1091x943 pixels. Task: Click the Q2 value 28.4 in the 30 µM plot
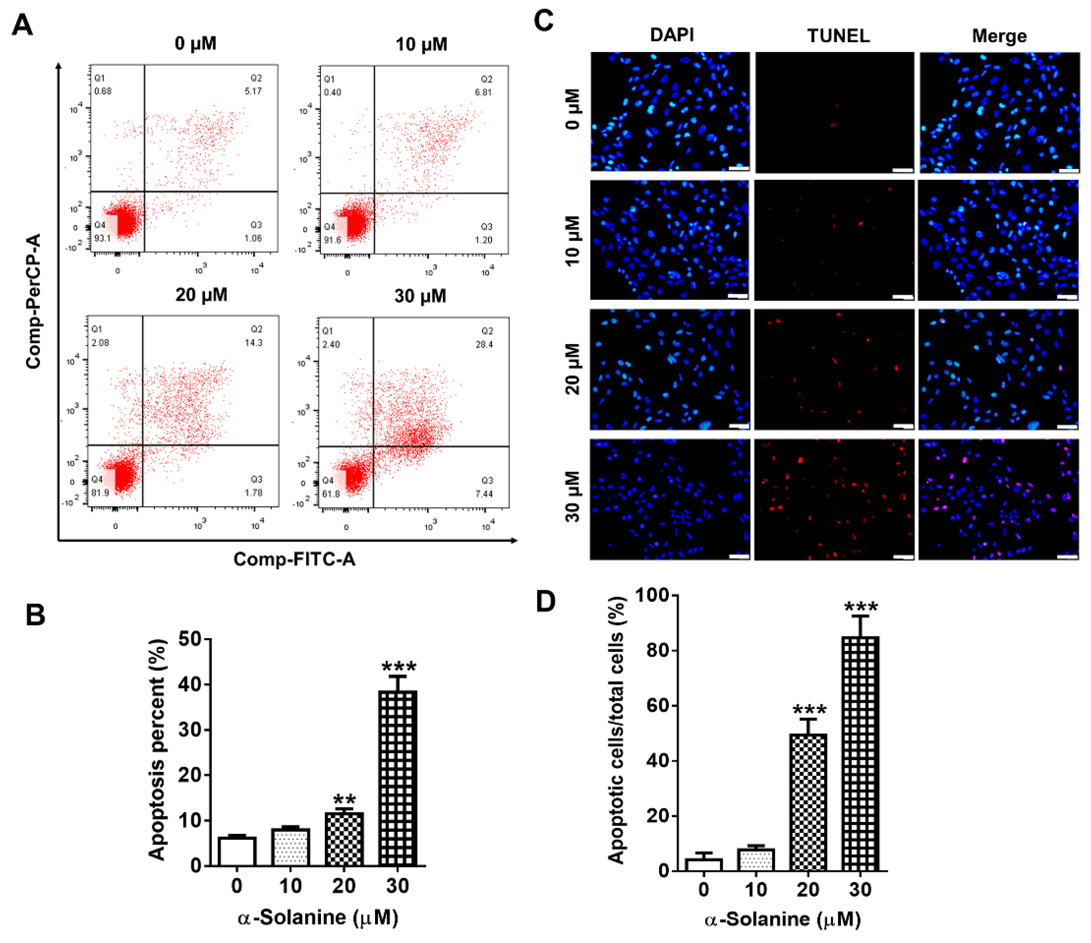pyautogui.click(x=484, y=345)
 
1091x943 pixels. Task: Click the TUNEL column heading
pyautogui.click(x=838, y=36)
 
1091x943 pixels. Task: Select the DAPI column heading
pyautogui.click(x=672, y=35)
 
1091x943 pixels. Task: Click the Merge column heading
pyautogui.click(x=999, y=36)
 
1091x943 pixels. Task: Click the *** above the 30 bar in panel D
pyautogui.click(x=861, y=609)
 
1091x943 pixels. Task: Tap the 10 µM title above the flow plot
pyautogui.click(x=421, y=44)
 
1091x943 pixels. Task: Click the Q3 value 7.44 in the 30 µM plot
pyautogui.click(x=484, y=494)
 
